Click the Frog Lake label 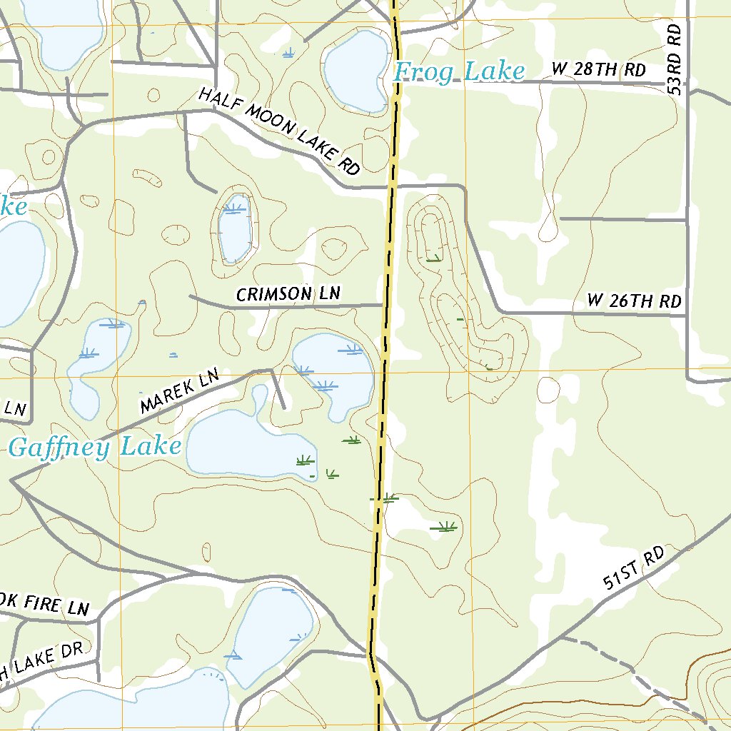click(x=459, y=72)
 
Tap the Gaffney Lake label click(x=94, y=448)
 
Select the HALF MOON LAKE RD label click(x=278, y=131)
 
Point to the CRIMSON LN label click(x=288, y=294)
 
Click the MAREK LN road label click(x=178, y=393)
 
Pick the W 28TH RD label click(x=598, y=70)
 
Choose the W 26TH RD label click(x=634, y=301)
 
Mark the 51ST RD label click(x=633, y=568)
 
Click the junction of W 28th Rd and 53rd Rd click(x=687, y=83)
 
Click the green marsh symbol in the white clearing click(x=445, y=528)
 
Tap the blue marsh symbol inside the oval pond click(x=233, y=208)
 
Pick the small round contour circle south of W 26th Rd click(x=548, y=389)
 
